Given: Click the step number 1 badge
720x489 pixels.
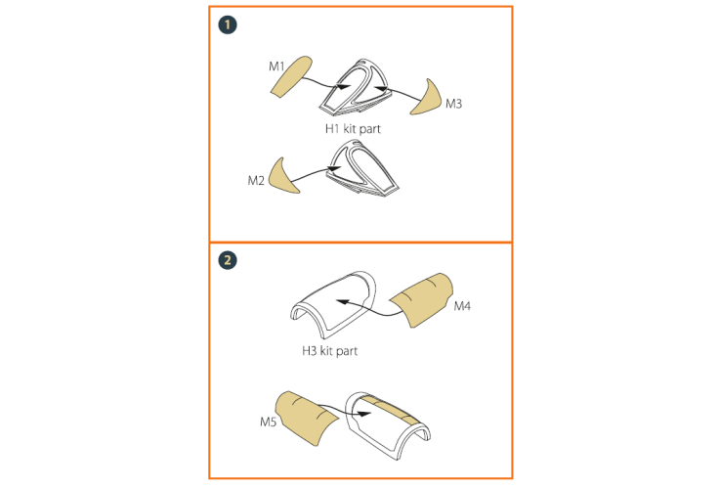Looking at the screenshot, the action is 228,24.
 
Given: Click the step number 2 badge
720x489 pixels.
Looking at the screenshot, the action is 228,260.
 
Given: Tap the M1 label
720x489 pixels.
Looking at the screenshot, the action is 276,67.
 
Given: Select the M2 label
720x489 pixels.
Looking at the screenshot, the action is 256,181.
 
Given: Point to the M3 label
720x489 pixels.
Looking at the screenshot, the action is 453,104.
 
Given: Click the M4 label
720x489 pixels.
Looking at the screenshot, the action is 462,306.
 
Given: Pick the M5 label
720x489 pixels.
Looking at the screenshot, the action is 268,422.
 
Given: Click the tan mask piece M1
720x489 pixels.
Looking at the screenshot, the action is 291,76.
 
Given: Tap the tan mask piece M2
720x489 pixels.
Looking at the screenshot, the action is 281,178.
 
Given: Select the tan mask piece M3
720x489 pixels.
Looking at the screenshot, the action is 429,100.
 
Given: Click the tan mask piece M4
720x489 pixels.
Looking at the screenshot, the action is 421,299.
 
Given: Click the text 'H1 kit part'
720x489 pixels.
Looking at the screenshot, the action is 353,129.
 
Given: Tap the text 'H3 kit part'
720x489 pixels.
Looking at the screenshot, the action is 329,351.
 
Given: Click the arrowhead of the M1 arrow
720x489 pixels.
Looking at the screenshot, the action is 344,86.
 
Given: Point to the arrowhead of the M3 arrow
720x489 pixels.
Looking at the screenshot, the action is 381,88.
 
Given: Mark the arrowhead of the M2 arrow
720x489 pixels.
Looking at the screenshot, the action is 335,169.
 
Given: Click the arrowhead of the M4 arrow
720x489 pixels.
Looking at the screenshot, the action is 342,302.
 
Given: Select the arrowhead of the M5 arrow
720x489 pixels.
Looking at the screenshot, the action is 364,414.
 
